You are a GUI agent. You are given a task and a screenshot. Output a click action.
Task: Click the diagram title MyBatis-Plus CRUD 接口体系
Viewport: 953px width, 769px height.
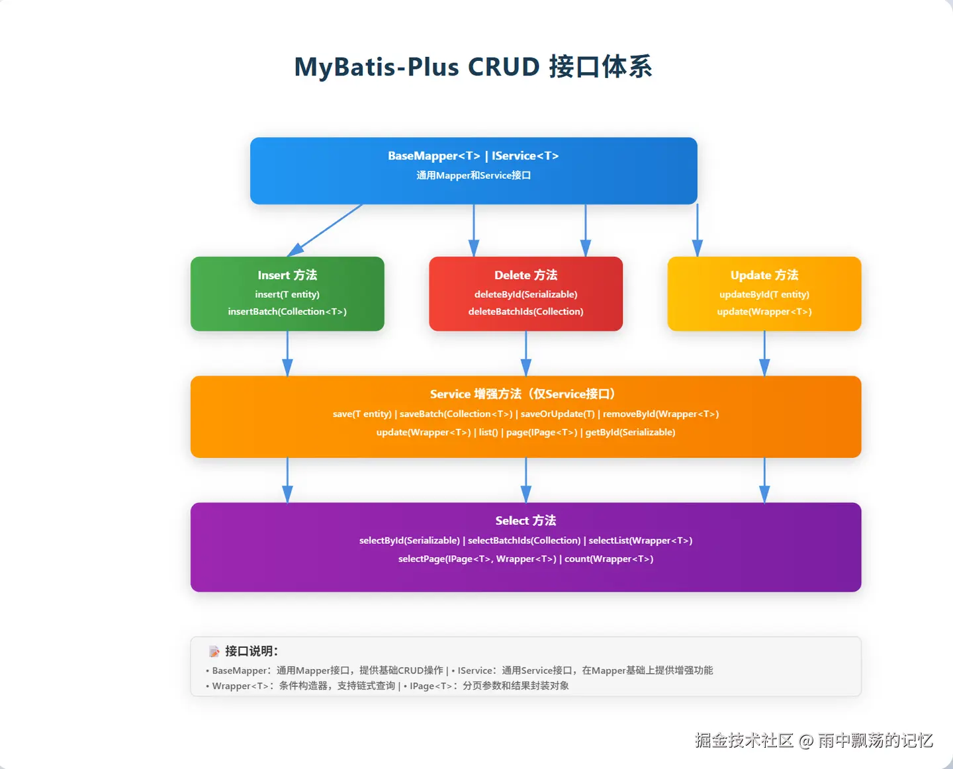point(473,67)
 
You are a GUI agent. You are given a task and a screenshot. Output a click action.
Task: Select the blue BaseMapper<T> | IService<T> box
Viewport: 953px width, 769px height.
point(473,171)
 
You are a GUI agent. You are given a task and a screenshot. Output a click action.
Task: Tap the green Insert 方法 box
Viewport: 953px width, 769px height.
point(287,294)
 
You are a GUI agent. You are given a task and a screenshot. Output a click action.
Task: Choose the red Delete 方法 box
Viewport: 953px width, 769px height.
point(525,294)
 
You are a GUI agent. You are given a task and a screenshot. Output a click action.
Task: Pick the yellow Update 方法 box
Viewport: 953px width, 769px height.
point(764,294)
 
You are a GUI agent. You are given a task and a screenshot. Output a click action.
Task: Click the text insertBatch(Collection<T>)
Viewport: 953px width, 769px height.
point(287,312)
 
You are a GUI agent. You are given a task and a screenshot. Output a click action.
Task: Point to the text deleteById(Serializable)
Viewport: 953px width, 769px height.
point(525,294)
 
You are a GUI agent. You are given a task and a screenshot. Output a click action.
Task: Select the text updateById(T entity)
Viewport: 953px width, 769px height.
point(764,294)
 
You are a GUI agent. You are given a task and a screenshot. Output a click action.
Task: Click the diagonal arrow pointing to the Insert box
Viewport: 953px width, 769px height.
point(324,230)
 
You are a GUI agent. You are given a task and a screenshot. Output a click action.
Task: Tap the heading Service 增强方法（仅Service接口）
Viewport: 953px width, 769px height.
point(523,394)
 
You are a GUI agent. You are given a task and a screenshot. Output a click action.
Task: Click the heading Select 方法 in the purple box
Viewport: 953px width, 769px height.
point(525,520)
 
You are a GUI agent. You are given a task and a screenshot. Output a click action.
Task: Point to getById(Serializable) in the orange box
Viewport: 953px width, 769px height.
point(630,432)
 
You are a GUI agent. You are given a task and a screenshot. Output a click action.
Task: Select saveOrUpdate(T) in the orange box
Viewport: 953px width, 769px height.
point(557,414)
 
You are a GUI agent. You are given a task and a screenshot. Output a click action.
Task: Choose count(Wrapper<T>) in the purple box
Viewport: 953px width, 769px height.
point(609,559)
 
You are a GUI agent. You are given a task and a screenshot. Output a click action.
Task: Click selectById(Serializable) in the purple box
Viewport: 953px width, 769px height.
point(409,541)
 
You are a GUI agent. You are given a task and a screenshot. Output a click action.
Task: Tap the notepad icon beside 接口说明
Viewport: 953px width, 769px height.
point(214,651)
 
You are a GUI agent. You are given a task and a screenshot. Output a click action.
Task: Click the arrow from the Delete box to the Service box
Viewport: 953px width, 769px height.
point(525,353)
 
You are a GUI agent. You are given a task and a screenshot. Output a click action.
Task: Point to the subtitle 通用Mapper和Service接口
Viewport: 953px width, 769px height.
point(473,175)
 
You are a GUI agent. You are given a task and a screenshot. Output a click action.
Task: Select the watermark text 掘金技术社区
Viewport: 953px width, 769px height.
point(744,741)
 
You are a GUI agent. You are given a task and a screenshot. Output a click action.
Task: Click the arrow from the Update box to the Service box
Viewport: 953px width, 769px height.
point(764,353)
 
